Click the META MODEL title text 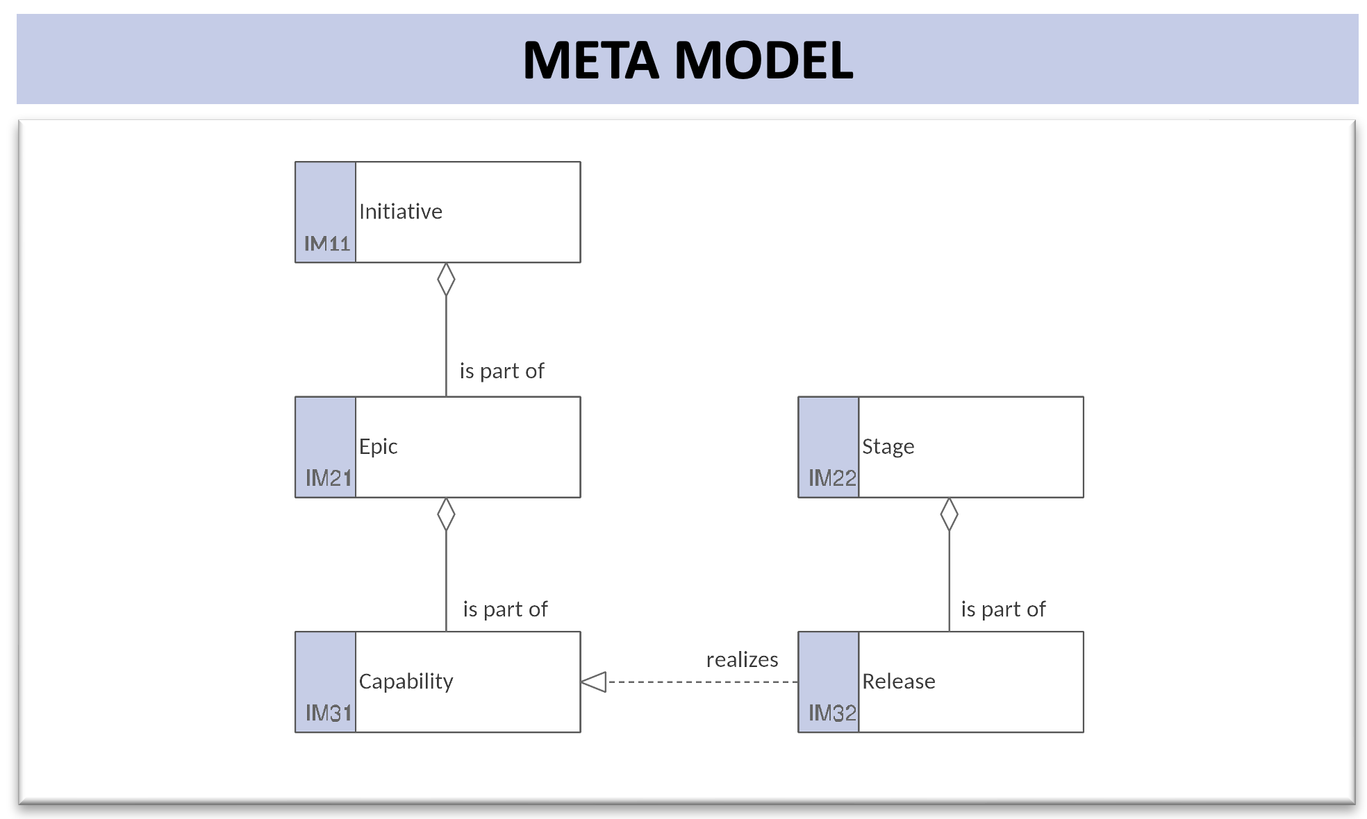(688, 60)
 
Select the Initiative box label (401, 211)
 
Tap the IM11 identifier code (327, 244)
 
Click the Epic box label (378, 446)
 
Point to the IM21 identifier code (329, 478)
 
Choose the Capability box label (406, 682)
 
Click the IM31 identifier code (329, 713)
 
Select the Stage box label (888, 447)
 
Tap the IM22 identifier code (832, 478)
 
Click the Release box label (899, 682)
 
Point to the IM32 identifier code (832, 713)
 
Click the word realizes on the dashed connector (742, 659)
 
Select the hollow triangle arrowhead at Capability (593, 682)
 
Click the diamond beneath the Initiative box (446, 279)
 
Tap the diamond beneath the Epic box (446, 514)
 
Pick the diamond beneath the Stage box (949, 514)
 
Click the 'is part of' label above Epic (502, 371)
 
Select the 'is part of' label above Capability (505, 609)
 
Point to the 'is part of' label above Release (1003, 609)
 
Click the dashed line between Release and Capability (702, 682)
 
